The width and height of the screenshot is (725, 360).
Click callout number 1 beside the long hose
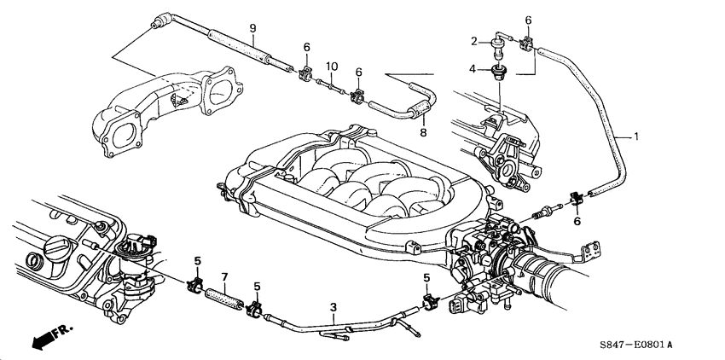click(x=635, y=135)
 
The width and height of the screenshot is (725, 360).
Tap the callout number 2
click(x=472, y=41)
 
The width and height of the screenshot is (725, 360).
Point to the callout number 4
click(x=472, y=68)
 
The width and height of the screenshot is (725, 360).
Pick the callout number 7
click(x=224, y=277)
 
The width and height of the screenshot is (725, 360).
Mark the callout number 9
click(x=252, y=29)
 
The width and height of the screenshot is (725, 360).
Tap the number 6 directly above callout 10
click(x=306, y=47)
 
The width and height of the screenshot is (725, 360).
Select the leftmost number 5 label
click(x=197, y=260)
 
